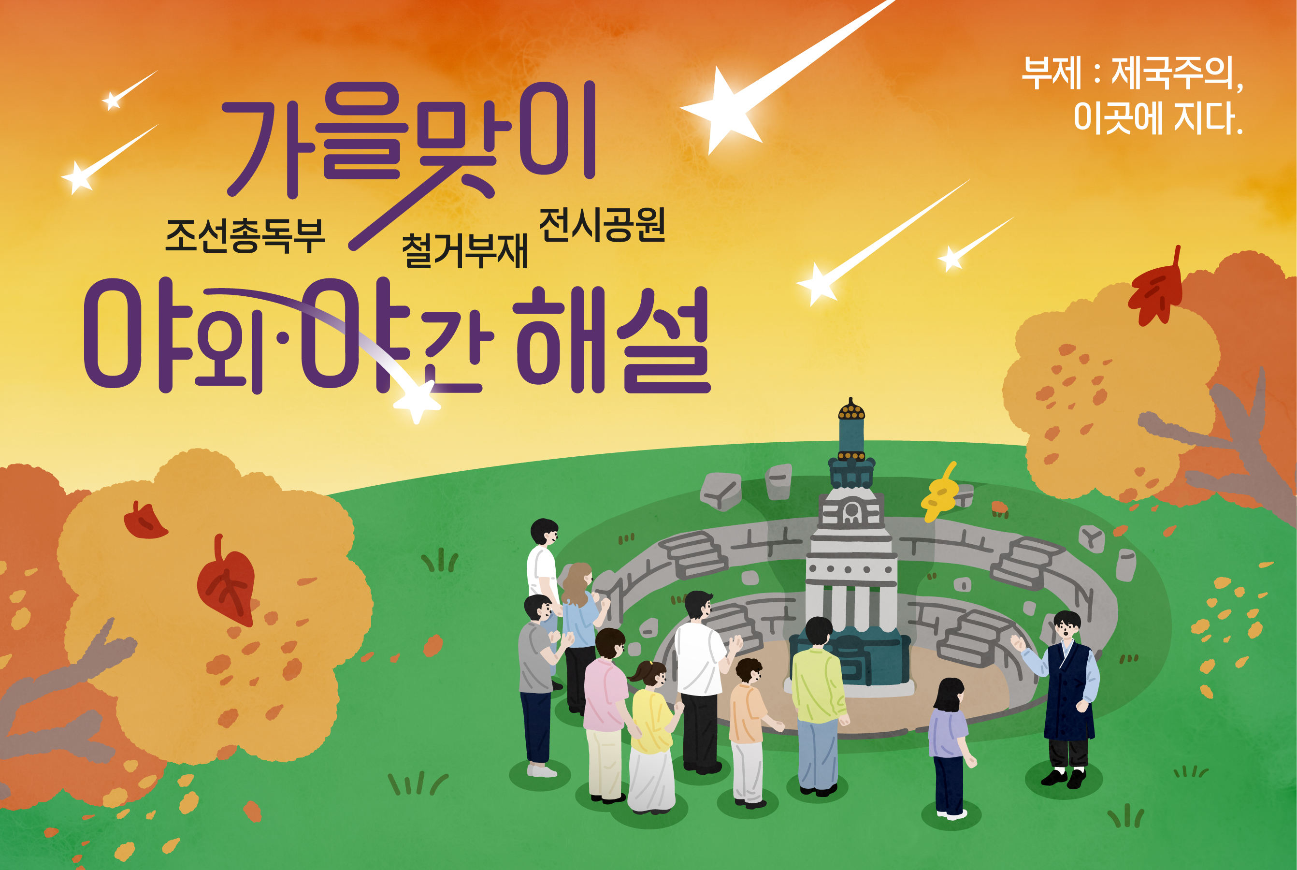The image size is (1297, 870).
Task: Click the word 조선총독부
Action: click(x=245, y=236)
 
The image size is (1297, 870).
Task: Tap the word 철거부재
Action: click(x=464, y=251)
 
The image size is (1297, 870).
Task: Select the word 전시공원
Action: click(x=602, y=225)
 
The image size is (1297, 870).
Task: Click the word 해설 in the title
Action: click(x=613, y=340)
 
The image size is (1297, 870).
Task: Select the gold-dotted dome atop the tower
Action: click(x=851, y=409)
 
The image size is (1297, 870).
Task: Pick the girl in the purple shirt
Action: click(x=951, y=749)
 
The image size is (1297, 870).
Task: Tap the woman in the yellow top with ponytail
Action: click(x=652, y=738)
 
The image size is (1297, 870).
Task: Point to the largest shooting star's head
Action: click(x=721, y=110)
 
